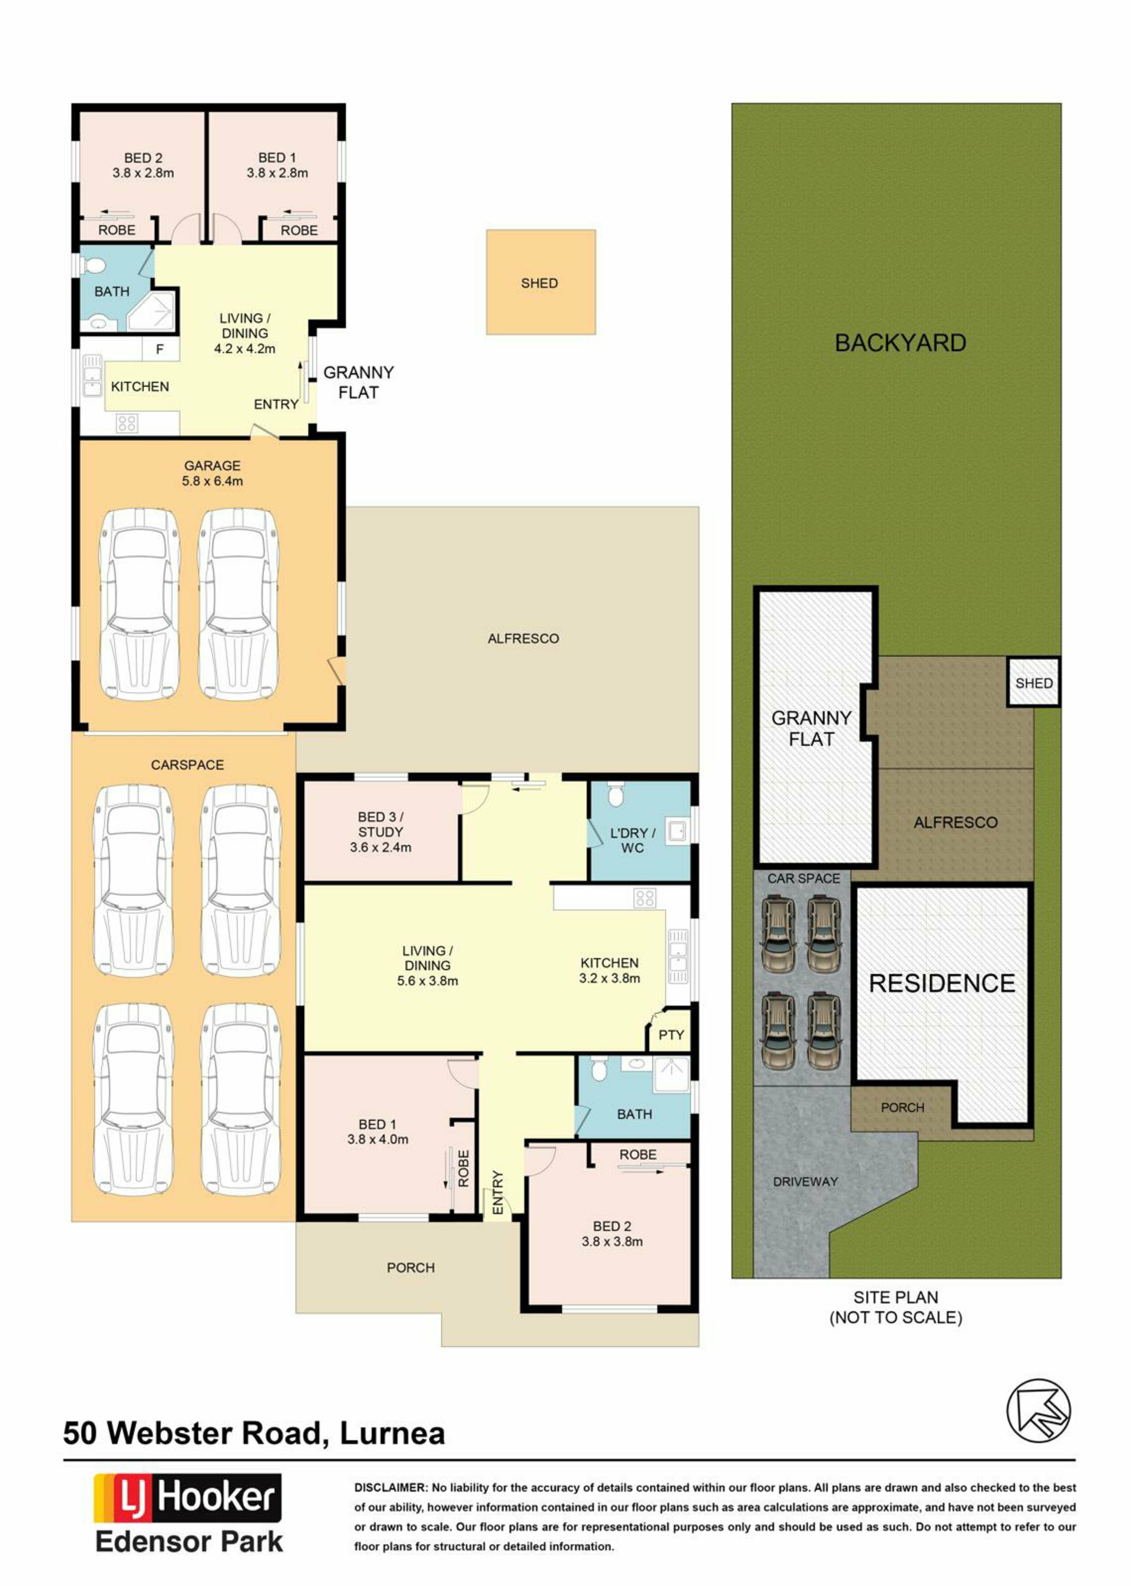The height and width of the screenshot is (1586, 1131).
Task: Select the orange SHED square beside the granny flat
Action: pos(540,282)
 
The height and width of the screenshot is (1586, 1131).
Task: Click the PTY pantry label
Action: pos(671,1035)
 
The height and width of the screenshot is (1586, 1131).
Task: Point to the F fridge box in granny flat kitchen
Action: pos(160,349)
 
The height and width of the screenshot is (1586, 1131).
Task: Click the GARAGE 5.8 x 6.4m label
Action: pos(213,473)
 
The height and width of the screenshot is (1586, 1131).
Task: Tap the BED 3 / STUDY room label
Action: pos(381,832)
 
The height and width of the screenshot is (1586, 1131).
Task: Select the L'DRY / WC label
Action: pos(632,840)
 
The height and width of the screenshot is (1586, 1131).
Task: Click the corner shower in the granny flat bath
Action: pos(151,310)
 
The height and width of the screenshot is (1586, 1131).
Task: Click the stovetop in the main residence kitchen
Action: pos(644,898)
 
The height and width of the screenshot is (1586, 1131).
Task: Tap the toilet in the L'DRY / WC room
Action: pos(615,794)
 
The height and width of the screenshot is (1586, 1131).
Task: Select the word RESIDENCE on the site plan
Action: pos(941,983)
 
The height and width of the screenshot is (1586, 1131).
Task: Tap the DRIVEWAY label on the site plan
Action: pos(805,1181)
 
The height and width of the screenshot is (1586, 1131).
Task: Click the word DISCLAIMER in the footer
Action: pos(390,1487)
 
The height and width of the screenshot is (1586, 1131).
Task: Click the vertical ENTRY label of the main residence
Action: pos(497,1193)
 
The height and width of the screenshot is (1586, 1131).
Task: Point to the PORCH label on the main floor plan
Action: pos(411,1268)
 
